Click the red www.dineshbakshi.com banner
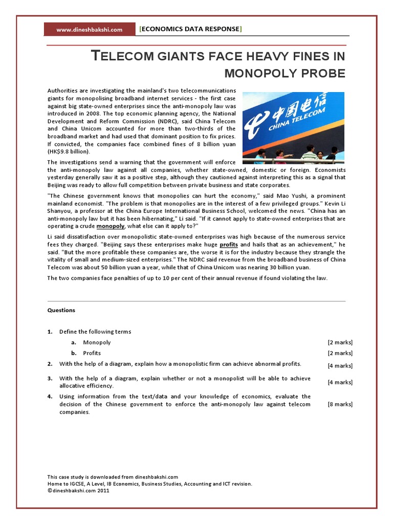[89, 30]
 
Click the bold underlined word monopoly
[111, 226]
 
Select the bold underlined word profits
[229, 245]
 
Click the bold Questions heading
[61, 310]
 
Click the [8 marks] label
[340, 404]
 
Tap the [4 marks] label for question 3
[340, 382]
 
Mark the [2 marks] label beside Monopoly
[340, 342]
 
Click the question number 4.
[50, 397]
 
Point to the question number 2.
[50, 364]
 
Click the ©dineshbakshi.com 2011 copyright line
[78, 490]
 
